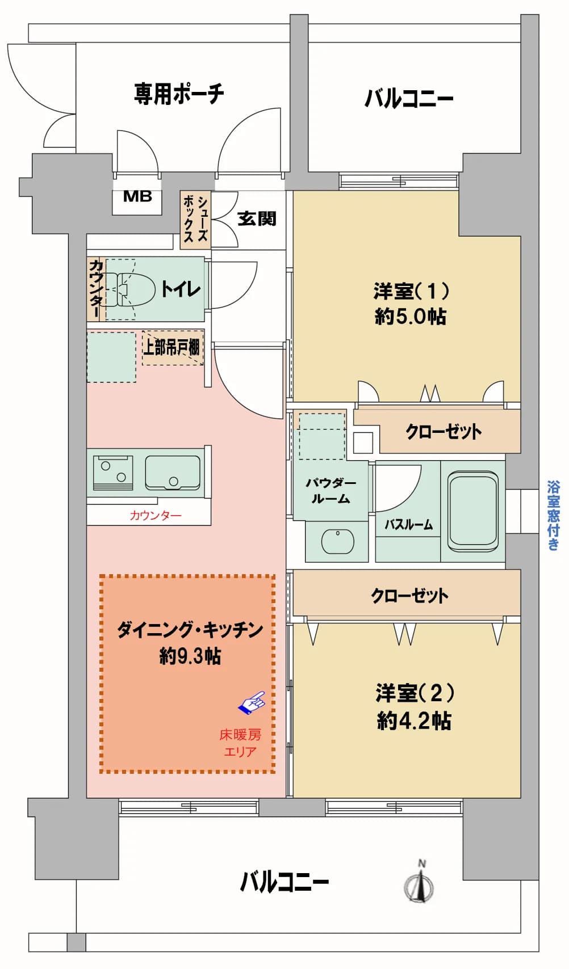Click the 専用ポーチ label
click(179, 94)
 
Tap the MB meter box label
click(137, 197)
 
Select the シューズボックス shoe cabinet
click(196, 220)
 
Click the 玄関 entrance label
click(257, 218)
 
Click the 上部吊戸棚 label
click(172, 347)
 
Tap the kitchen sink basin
click(173, 472)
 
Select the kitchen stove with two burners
click(112, 472)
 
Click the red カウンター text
click(156, 515)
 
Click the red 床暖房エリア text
click(240, 743)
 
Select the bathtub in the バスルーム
click(473, 511)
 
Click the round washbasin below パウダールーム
click(338, 540)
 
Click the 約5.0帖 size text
click(411, 317)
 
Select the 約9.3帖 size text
click(190, 656)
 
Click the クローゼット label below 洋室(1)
click(444, 431)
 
